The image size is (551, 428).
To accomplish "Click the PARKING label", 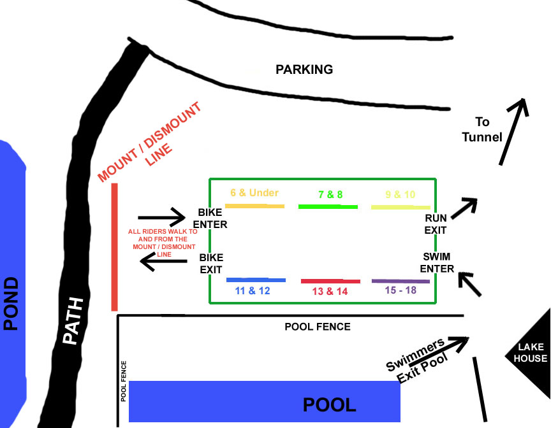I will (304, 69).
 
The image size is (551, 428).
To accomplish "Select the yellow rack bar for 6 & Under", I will (254, 206).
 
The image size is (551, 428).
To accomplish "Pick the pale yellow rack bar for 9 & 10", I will (400, 207).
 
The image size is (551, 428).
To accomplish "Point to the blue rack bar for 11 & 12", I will (256, 280).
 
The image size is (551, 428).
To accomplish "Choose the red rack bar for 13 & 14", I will (330, 281).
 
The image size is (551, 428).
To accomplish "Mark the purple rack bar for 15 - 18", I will (400, 281).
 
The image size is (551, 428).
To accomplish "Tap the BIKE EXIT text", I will (210, 264).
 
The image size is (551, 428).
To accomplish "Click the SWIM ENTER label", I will (438, 262).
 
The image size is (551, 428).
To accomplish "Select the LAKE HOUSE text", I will (532, 353).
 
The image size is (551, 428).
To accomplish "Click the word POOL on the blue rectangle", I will (329, 404).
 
